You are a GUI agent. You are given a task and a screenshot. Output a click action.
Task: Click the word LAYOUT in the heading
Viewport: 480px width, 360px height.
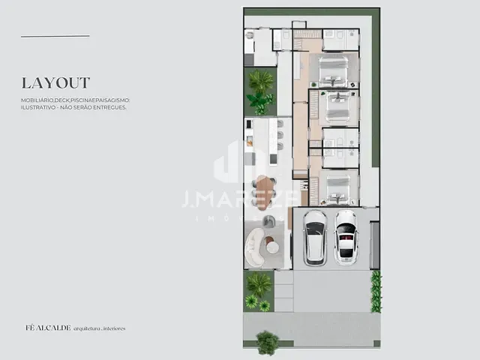(x=55, y=83)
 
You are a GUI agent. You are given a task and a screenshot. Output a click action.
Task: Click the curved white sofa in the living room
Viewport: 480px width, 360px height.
(x=253, y=247)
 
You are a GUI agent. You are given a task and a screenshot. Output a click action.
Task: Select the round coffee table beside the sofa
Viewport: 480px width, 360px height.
(x=272, y=247)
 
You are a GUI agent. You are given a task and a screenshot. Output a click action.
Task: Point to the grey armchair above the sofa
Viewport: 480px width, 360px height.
(x=268, y=220)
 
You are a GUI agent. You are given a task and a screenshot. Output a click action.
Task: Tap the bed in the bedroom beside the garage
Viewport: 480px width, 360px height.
(x=335, y=188)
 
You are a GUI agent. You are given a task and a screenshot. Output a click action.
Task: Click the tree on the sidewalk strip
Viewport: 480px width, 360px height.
(x=267, y=343)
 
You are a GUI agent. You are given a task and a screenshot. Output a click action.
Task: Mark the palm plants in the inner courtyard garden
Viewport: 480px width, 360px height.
(x=260, y=91)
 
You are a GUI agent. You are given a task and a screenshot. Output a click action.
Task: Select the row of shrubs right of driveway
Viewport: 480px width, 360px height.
(x=376, y=291)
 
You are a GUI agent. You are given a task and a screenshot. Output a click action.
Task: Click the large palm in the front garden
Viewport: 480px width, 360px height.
(x=259, y=283)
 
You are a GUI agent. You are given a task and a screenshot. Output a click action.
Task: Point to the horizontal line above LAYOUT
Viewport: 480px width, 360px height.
(x=55, y=36)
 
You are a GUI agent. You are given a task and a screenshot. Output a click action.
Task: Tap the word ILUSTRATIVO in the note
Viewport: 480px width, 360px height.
(x=40, y=107)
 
